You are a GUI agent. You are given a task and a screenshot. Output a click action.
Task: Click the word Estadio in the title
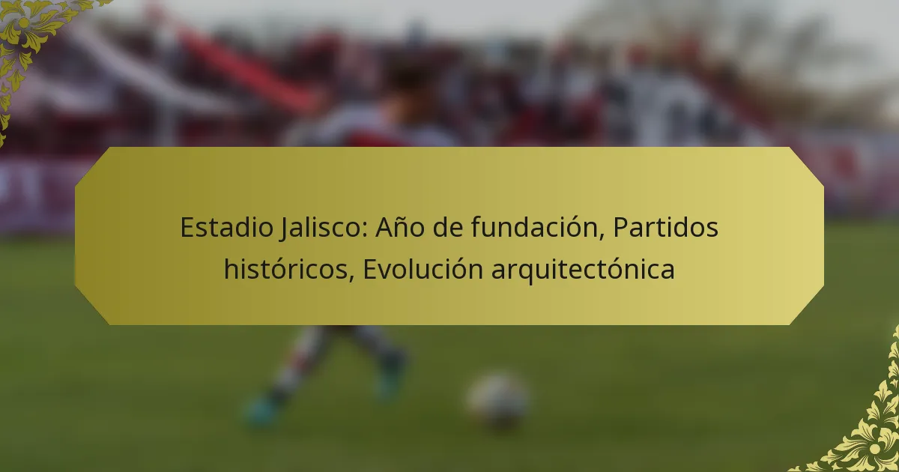(x=227, y=228)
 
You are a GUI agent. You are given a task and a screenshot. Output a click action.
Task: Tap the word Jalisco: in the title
(x=324, y=229)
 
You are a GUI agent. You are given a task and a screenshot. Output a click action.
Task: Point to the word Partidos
(x=666, y=228)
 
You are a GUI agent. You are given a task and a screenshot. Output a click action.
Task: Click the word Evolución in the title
(x=423, y=269)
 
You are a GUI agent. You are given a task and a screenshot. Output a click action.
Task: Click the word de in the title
(x=447, y=228)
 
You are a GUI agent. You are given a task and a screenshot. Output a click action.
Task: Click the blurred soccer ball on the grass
(x=498, y=399)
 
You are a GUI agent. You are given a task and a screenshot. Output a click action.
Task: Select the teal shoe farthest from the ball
(x=261, y=411)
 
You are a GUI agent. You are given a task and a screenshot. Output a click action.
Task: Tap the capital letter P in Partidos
(x=621, y=228)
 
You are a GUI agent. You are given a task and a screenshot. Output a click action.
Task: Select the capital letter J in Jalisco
(x=285, y=229)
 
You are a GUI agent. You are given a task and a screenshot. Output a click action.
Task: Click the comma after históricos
(x=351, y=278)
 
